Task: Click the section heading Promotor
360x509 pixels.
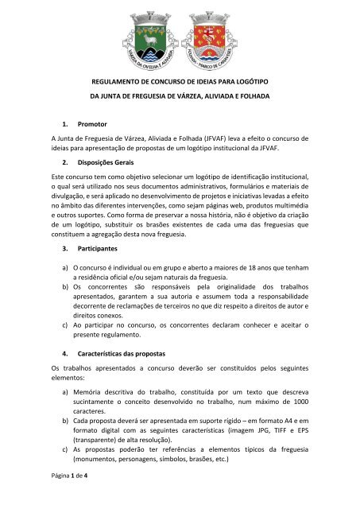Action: (95, 125)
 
